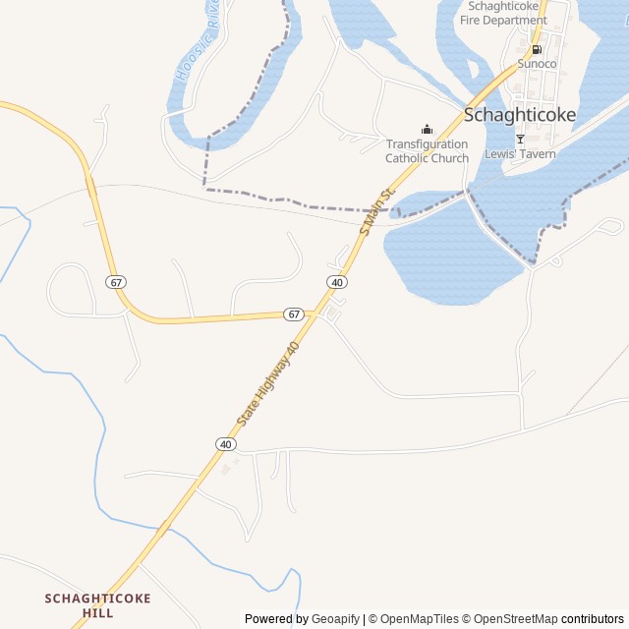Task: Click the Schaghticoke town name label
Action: pyautogui.click(x=520, y=114)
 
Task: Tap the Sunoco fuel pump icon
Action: pyautogui.click(x=537, y=49)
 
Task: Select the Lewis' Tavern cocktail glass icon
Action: pyautogui.click(x=520, y=139)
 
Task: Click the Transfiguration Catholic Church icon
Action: pyautogui.click(x=427, y=129)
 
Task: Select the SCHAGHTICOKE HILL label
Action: pyautogui.click(x=98, y=605)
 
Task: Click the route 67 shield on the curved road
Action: pyautogui.click(x=117, y=282)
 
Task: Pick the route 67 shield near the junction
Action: pyautogui.click(x=293, y=314)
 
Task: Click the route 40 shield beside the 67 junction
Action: pyautogui.click(x=337, y=282)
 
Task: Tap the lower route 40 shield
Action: pyautogui.click(x=226, y=444)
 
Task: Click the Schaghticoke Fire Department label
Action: pyautogui.click(x=503, y=13)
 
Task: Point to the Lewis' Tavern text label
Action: pyautogui.click(x=520, y=154)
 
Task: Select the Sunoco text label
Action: pyautogui.click(x=537, y=64)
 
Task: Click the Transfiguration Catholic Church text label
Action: pyautogui.click(x=427, y=151)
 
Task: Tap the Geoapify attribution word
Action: pyautogui.click(x=335, y=619)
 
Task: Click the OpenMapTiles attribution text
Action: pyautogui.click(x=420, y=619)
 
